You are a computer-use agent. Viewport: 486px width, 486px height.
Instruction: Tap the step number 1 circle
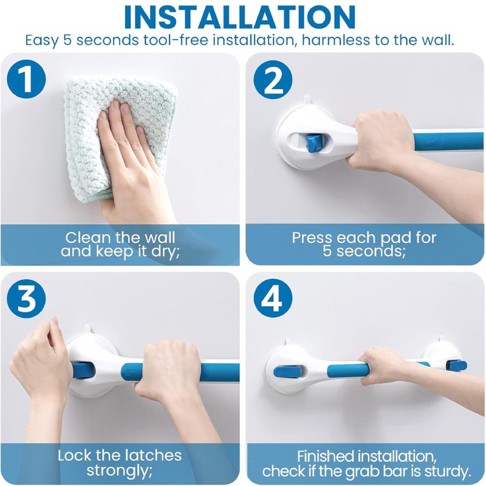[x=27, y=79]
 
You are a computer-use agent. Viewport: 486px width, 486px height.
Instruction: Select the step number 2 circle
[x=273, y=80]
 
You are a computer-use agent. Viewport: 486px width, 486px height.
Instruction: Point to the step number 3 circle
[x=27, y=298]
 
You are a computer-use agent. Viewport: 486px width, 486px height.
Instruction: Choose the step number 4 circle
[x=273, y=298]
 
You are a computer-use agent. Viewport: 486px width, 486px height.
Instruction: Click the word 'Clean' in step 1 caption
[x=88, y=238]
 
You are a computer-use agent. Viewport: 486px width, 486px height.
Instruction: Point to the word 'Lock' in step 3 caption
[x=75, y=456]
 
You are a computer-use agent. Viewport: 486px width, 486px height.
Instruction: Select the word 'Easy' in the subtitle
[x=41, y=41]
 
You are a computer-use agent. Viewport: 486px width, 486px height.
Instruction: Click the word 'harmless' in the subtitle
[x=335, y=40]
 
